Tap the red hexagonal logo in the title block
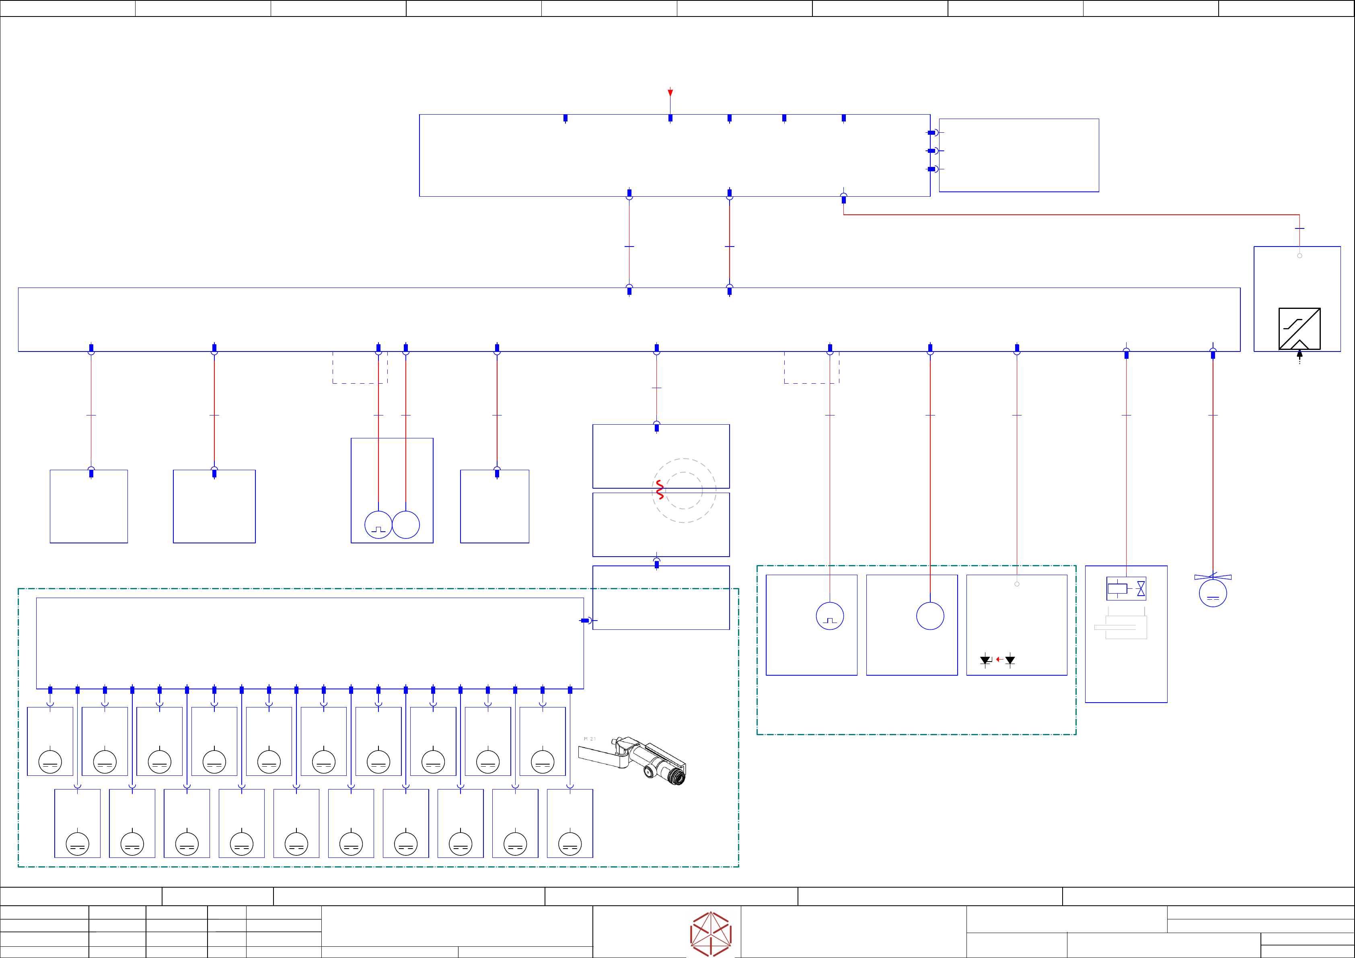click(711, 934)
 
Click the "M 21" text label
click(590, 739)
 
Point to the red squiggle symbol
click(660, 490)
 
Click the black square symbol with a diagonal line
click(1299, 329)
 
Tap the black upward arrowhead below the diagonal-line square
click(1299, 355)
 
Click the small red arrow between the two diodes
click(999, 659)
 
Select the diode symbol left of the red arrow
click(985, 660)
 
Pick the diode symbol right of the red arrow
click(1010, 660)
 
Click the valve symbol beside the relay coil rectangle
click(1141, 588)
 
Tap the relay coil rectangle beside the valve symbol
click(1117, 588)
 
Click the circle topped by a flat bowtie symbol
click(1213, 593)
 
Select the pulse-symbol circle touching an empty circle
click(378, 525)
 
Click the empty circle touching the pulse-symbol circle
click(406, 525)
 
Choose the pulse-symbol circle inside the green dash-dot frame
click(830, 616)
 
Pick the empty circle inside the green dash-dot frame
click(930, 616)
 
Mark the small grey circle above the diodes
click(1017, 584)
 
